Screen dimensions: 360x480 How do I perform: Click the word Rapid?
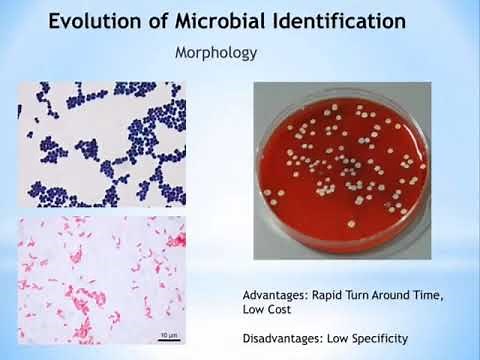click(342, 296)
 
